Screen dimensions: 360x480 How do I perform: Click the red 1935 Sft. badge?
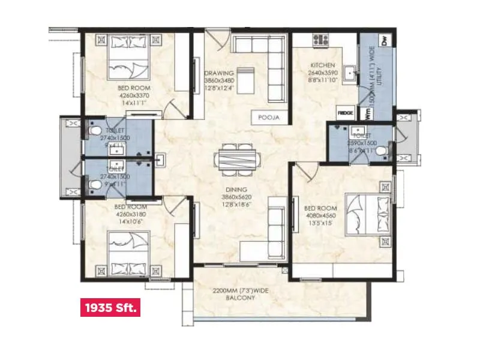110,308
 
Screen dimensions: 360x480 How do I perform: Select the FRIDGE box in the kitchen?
345,112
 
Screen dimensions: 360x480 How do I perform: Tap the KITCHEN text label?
322,65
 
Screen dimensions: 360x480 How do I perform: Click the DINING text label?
230,189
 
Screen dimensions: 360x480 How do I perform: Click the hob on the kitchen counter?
320,41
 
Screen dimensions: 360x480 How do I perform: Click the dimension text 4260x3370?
133,95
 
